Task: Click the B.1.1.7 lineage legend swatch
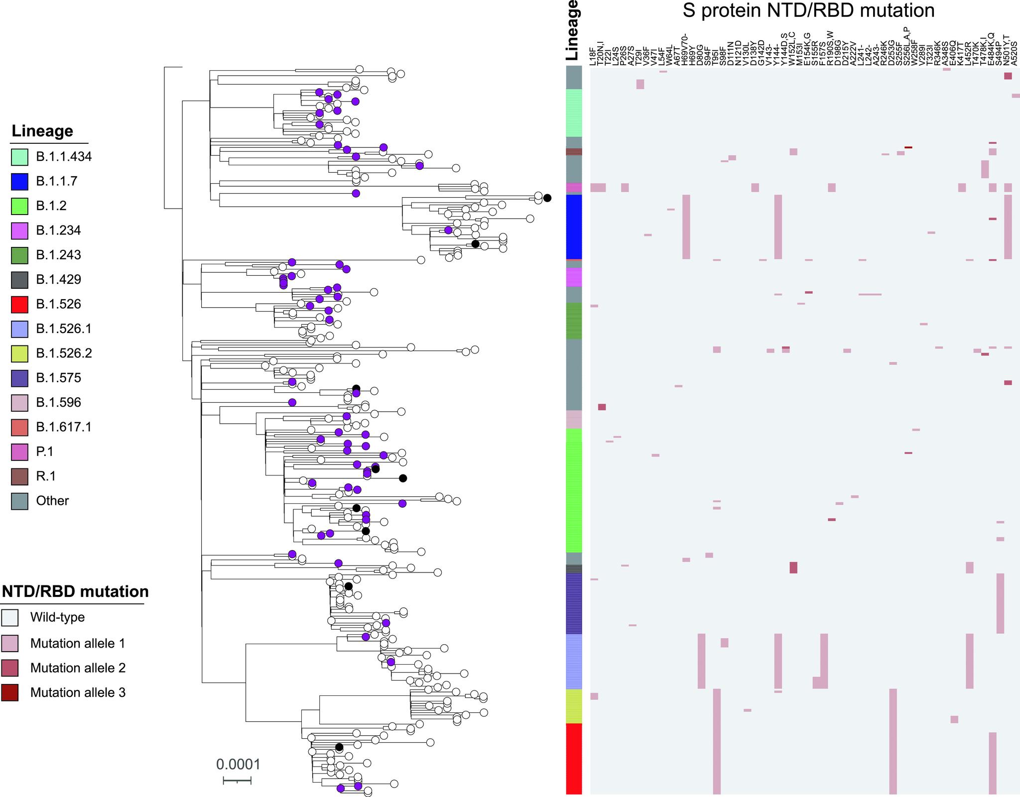(19, 181)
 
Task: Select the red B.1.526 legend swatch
(19, 304)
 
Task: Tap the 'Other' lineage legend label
(52, 501)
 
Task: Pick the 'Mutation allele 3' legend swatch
(9, 692)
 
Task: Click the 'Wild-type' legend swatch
(9, 617)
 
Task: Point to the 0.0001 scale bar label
(238, 765)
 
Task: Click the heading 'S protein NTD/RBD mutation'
(808, 11)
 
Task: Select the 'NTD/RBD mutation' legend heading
(75, 591)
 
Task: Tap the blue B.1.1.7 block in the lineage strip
(574, 227)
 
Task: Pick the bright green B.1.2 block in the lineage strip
(574, 490)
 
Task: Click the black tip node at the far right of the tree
(547, 198)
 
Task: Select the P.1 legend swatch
(19, 452)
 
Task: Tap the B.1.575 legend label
(58, 378)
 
